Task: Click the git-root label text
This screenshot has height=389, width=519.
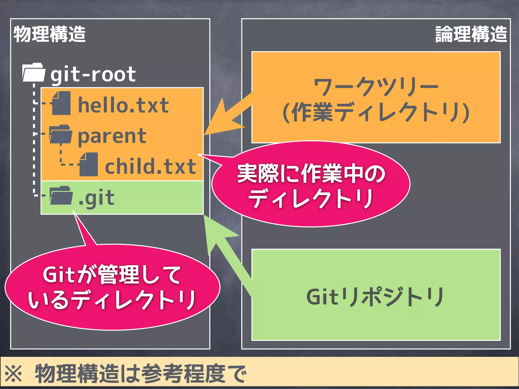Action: coord(93,74)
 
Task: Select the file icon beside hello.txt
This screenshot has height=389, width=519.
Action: coord(61,103)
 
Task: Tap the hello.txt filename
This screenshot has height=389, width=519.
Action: coord(123,105)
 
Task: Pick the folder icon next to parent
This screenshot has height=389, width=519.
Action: coord(61,134)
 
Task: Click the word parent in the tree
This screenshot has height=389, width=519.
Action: coord(112,136)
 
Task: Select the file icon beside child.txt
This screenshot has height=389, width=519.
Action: coord(88,165)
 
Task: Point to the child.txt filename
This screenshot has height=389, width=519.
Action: coord(151,166)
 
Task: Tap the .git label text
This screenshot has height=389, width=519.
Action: coord(96,198)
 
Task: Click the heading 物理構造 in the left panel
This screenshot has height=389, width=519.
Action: coord(50,34)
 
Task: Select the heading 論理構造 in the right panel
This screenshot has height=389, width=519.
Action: coord(471,34)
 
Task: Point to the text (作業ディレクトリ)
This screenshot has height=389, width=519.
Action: coord(376,112)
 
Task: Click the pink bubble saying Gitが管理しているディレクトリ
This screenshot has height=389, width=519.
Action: coord(112,287)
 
